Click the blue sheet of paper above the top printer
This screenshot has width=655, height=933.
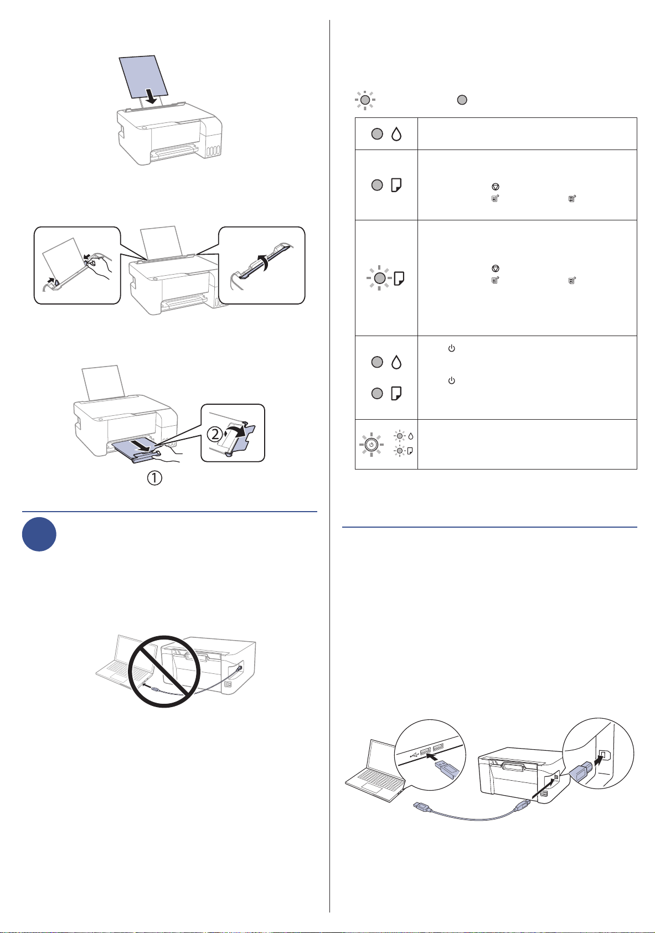pyautogui.click(x=143, y=78)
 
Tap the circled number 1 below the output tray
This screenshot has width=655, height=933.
pyautogui.click(x=154, y=478)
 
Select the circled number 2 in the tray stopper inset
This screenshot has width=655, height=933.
pyautogui.click(x=215, y=435)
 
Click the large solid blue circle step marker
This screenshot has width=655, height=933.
pyautogui.click(x=39, y=534)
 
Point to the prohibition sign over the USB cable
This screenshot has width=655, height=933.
pyautogui.click(x=164, y=671)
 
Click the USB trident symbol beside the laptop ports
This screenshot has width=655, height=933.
pyautogui.click(x=414, y=754)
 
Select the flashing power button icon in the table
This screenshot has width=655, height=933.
pyautogui.click(x=371, y=445)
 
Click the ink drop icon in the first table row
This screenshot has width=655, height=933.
pyautogui.click(x=396, y=133)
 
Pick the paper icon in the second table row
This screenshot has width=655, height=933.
pyautogui.click(x=396, y=185)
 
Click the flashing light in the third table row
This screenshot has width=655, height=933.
pyautogui.click(x=379, y=278)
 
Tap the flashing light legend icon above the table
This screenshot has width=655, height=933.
pyautogui.click(x=365, y=100)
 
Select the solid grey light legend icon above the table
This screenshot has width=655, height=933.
pyautogui.click(x=462, y=100)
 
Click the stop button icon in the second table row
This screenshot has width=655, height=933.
pyautogui.click(x=495, y=187)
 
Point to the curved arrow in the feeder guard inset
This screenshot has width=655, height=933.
pyautogui.click(x=263, y=265)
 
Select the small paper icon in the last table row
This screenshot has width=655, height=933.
pyautogui.click(x=410, y=451)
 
